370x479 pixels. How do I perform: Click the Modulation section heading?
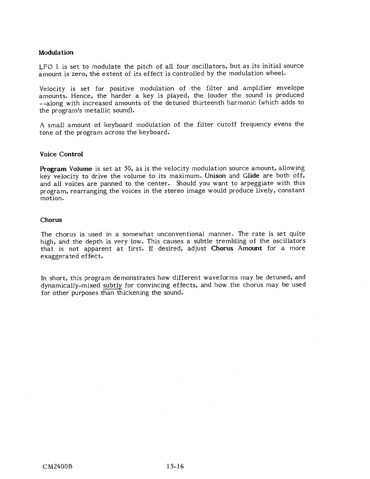56,52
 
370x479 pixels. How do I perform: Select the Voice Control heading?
61,154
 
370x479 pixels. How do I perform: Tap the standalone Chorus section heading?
51,220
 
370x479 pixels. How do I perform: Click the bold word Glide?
251,176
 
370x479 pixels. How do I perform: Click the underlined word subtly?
112,285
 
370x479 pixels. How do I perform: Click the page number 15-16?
174,466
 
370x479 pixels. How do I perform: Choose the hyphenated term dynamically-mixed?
70,285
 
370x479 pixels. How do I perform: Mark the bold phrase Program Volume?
66,168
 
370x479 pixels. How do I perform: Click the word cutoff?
227,125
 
